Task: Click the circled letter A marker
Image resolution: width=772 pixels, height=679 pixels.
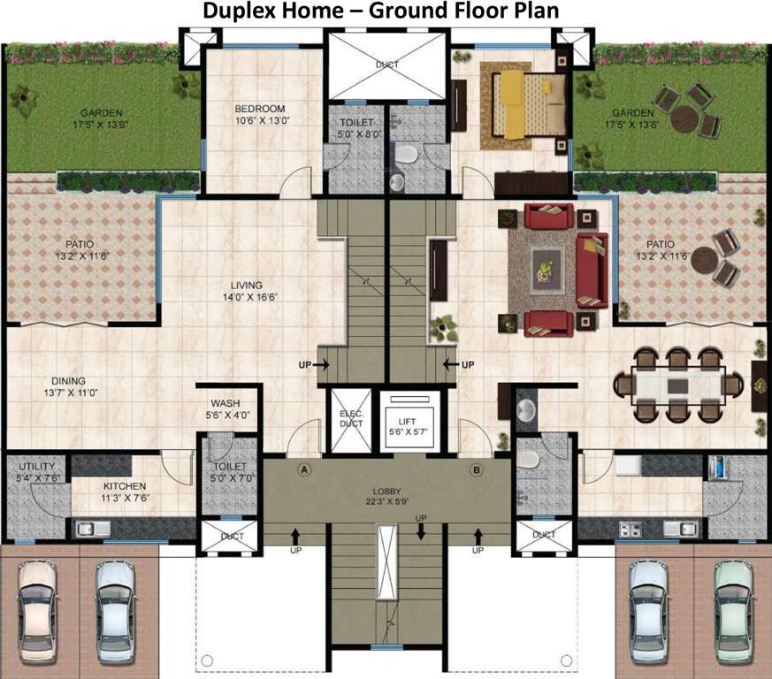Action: (304, 469)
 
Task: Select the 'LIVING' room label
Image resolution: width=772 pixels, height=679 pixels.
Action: (247, 286)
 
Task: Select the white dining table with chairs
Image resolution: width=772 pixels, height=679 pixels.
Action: (677, 385)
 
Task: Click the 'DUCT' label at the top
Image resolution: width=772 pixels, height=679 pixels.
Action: (386, 65)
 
